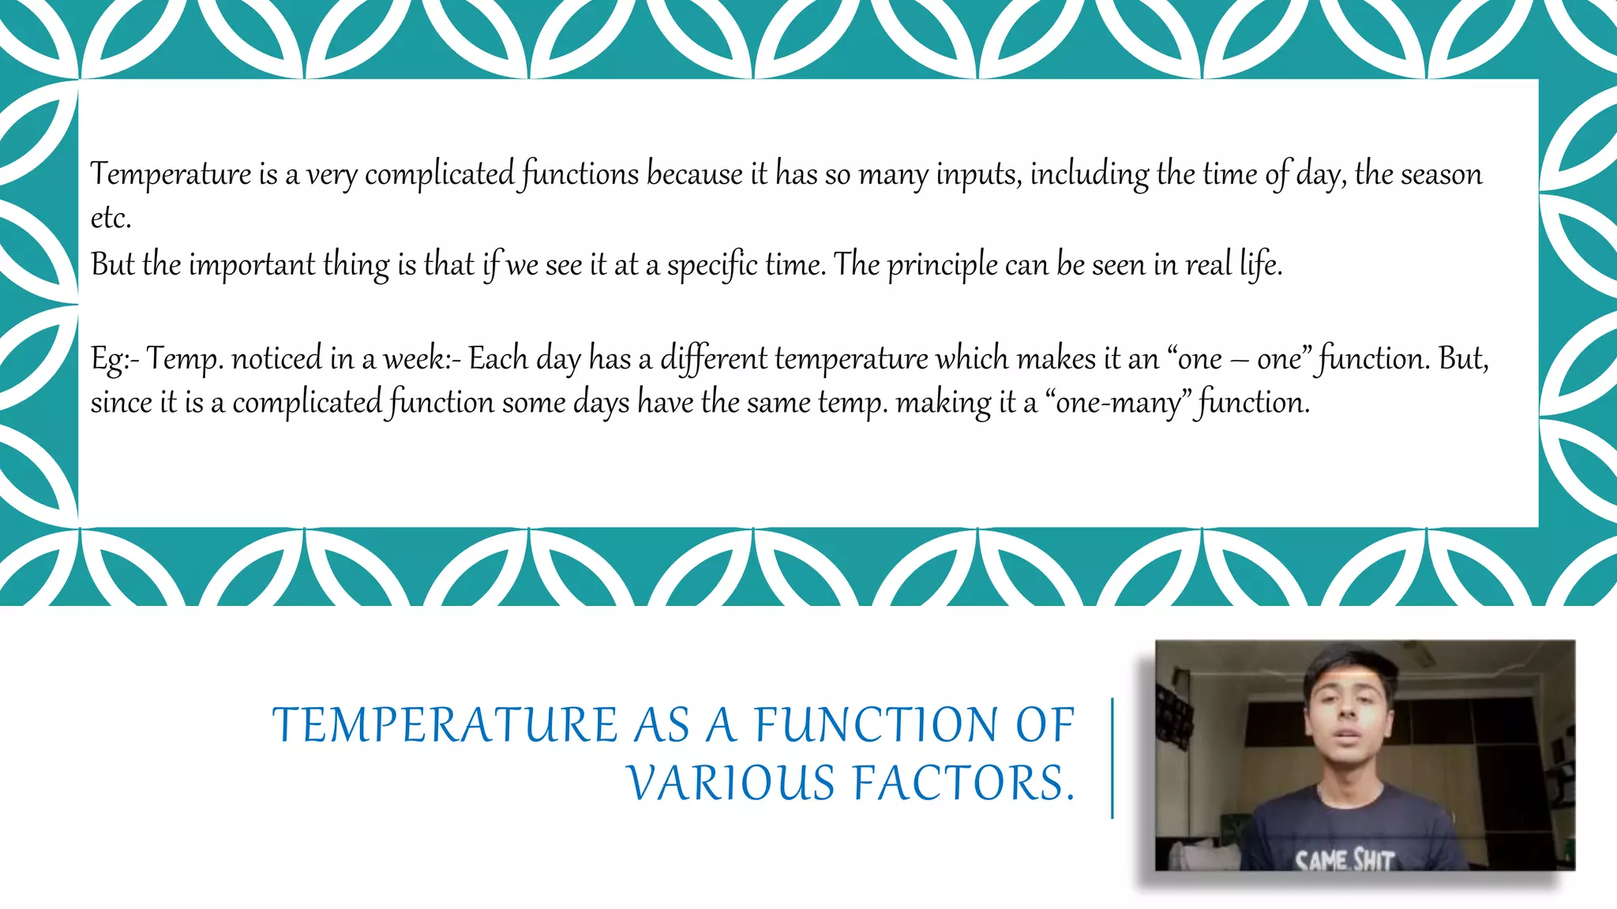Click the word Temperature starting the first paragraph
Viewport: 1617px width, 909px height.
click(171, 174)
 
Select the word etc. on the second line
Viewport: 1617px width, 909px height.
click(111, 219)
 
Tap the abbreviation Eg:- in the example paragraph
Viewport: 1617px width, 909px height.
click(114, 359)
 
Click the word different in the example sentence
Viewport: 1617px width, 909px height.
click(713, 359)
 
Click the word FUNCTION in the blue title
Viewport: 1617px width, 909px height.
click(876, 726)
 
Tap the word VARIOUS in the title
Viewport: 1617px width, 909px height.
click(731, 784)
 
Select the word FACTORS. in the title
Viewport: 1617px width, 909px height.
click(964, 784)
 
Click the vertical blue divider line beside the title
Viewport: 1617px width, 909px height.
click(1112, 757)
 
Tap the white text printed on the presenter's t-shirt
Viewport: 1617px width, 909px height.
click(1345, 859)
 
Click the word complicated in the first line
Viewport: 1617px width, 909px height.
click(439, 174)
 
